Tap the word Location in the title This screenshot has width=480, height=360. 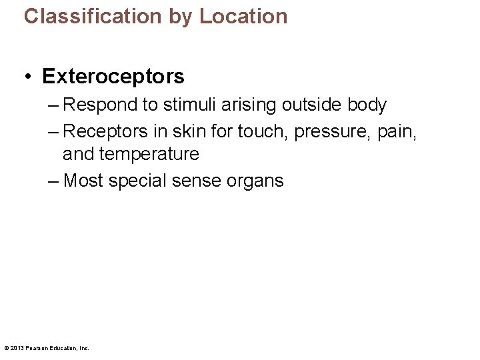pos(243,16)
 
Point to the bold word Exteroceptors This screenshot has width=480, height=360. pos(113,77)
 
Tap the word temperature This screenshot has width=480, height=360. pos(149,155)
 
